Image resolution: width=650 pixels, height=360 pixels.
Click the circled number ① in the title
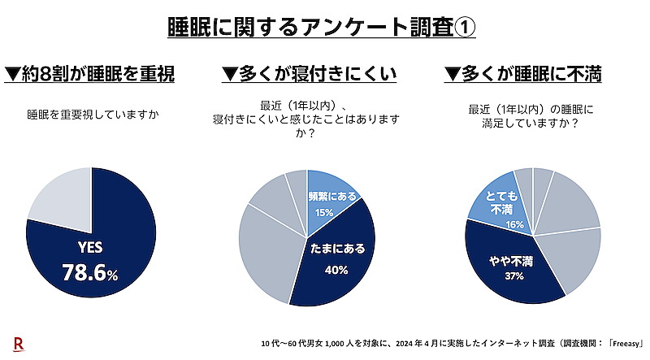pos(462,26)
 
